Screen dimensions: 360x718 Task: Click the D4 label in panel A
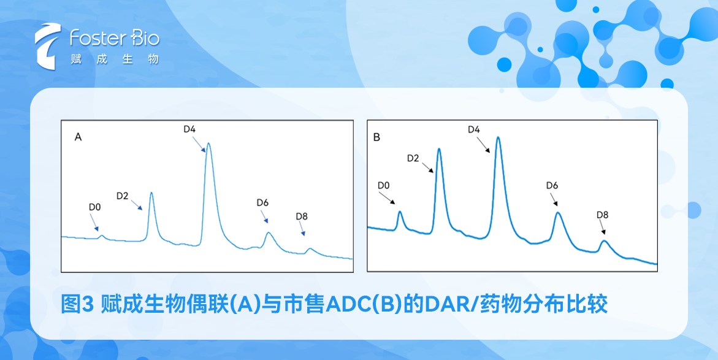pos(189,129)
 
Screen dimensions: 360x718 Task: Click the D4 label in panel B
pos(474,129)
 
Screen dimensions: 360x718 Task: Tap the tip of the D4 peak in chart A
pos(208,144)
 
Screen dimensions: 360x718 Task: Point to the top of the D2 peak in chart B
pos(438,149)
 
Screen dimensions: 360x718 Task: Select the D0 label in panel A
pos(94,207)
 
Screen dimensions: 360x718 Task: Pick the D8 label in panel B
pos(602,215)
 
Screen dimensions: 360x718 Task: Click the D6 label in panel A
pos(262,202)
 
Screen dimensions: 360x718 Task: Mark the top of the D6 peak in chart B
pos(558,213)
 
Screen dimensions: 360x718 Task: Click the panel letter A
pos(78,137)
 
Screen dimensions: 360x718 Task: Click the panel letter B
pos(376,137)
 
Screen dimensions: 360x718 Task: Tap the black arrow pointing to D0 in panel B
pos(387,197)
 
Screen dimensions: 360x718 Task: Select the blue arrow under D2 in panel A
pos(137,205)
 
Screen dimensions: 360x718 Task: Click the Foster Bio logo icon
pos(48,46)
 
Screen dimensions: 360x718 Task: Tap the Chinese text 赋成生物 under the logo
pos(114,59)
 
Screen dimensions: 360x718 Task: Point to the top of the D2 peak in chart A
pos(151,193)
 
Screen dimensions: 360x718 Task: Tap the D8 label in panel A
pos(302,216)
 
